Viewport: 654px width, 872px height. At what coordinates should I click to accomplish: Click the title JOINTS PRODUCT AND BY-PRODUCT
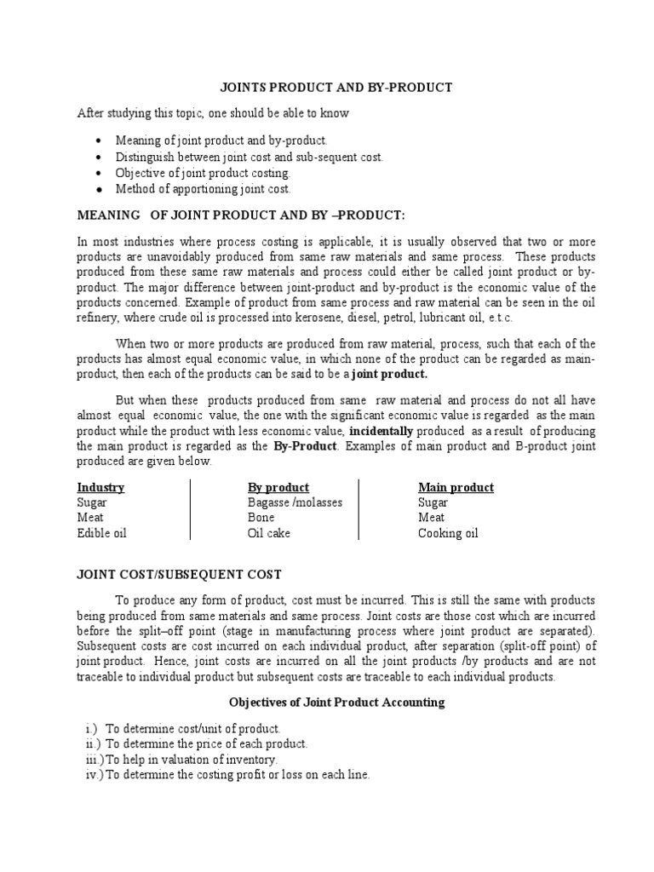pos(336,88)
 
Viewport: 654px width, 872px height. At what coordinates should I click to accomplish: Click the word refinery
pos(100,317)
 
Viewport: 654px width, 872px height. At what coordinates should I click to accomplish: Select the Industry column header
pos(100,487)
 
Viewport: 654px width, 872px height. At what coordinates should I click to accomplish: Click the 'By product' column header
pos(278,487)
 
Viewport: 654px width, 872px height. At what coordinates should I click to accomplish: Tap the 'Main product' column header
pos(456,487)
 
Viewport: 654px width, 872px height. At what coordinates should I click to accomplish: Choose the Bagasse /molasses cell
pos(295,502)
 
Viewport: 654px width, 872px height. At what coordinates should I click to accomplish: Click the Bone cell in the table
pos(261,518)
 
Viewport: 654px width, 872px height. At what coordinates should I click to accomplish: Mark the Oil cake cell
pos(269,533)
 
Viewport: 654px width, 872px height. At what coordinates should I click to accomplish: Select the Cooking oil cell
pos(448,533)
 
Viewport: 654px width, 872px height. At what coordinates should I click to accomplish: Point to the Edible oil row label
pos(101,533)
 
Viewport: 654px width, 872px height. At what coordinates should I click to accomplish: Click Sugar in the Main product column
pos(433,502)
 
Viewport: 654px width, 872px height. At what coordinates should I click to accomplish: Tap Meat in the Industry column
pos(90,518)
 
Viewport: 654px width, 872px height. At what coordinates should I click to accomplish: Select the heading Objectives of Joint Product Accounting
pos(336,703)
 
